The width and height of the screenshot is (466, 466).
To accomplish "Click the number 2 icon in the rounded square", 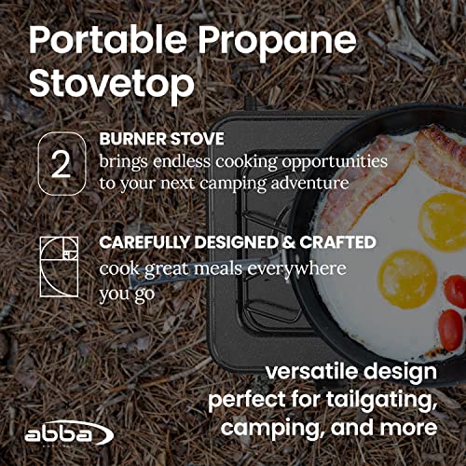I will pyautogui.click(x=61, y=164).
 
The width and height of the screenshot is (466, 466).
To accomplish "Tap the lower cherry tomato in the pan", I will pyautogui.click(x=450, y=327).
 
